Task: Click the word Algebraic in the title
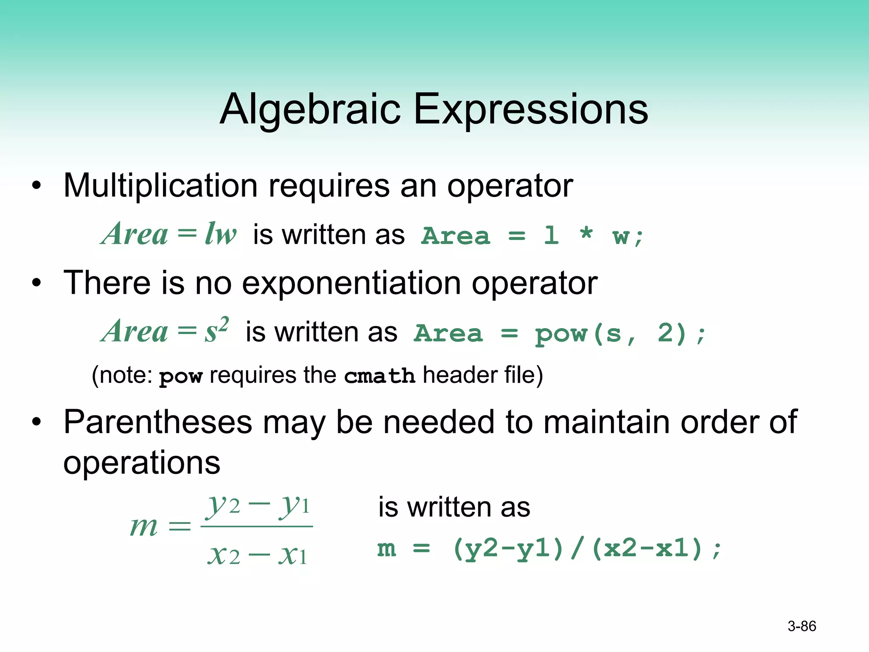310,110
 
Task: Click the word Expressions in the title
530,110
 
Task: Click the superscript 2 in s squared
224,323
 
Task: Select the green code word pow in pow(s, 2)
561,334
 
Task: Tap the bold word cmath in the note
379,376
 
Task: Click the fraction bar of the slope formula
256,526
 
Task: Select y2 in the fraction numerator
223,505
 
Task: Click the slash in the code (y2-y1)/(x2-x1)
577,548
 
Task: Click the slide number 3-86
802,626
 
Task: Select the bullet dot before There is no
37,283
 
